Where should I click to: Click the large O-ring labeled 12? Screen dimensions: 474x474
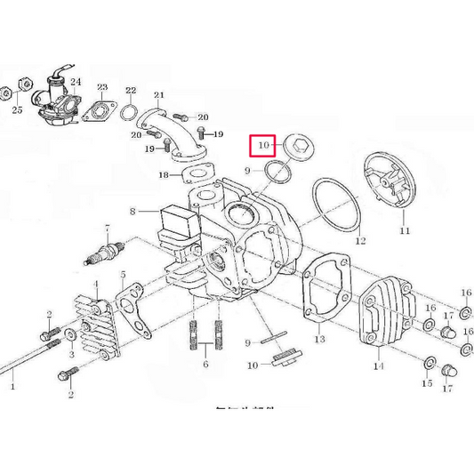tap(337, 208)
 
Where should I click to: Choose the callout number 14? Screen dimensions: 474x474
tap(377, 366)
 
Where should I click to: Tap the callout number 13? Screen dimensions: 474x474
tap(320, 339)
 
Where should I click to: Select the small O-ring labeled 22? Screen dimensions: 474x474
tap(129, 113)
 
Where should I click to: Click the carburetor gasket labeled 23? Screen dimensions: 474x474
tap(96, 111)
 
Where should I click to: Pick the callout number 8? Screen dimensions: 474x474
tap(133, 212)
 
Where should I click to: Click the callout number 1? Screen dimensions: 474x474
tap(12, 387)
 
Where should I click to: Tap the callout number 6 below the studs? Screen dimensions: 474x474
tap(205, 366)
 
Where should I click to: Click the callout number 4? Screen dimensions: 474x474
tap(96, 285)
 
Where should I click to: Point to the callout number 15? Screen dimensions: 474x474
tap(426, 383)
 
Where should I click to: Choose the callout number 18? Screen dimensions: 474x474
tap(163, 175)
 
